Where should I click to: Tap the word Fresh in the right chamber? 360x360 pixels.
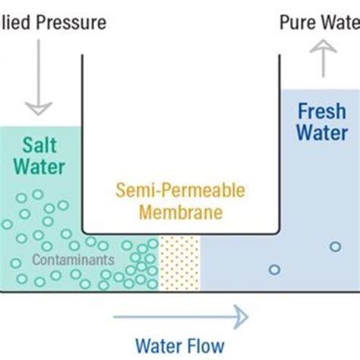[x=321, y=111]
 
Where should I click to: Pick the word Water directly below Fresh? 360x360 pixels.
[x=321, y=133]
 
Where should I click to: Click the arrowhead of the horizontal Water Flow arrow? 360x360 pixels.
[x=242, y=314]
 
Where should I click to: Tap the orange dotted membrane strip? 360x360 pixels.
[x=180, y=263]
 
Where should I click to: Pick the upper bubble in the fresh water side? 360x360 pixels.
[x=335, y=247]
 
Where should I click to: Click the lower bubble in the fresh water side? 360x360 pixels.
[x=274, y=270]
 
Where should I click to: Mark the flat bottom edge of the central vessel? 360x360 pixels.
[x=180, y=232]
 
